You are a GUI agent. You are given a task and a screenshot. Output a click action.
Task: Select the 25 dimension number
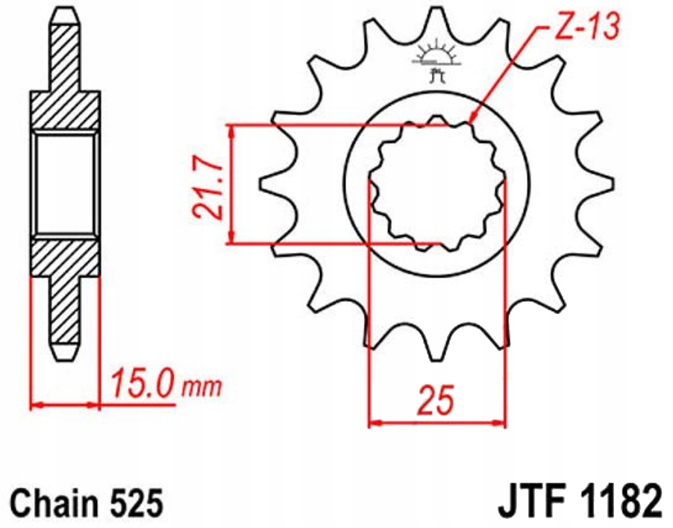(x=436, y=401)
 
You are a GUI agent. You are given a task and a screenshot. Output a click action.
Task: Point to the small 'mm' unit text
(x=202, y=387)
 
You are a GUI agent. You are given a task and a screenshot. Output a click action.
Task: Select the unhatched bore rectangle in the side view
(x=64, y=183)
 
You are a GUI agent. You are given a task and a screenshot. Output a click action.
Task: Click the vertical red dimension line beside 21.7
(x=233, y=183)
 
